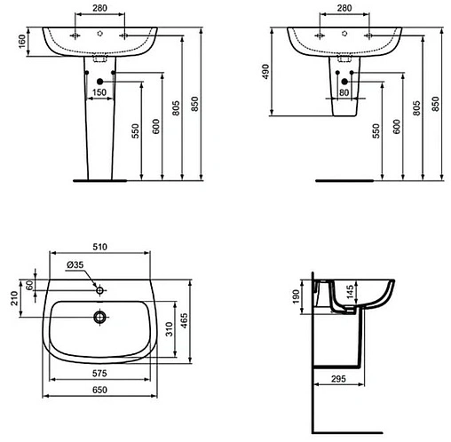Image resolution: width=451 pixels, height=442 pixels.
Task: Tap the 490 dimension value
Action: tap(265, 72)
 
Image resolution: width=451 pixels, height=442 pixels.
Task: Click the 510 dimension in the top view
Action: tap(100, 248)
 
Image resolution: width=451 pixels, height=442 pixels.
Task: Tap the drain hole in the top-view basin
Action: tap(100, 315)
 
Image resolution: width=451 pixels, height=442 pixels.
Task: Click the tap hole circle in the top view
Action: tap(100, 288)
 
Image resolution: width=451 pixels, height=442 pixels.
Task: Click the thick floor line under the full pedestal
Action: tap(99, 178)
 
